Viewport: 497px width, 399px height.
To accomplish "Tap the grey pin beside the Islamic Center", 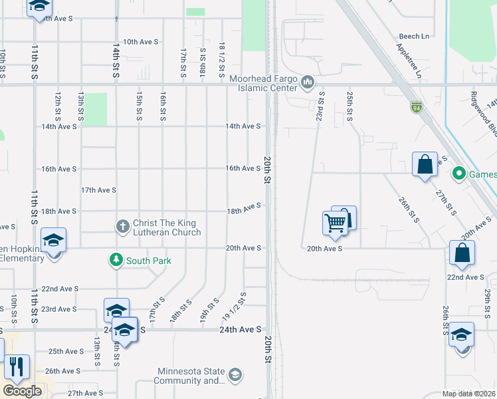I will click(x=307, y=82).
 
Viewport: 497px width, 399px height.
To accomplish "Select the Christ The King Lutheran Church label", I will click(x=167, y=227).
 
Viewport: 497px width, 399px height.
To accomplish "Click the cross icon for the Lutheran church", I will click(x=122, y=227).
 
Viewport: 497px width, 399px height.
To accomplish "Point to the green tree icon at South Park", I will click(x=116, y=260).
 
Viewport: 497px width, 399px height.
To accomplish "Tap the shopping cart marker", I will click(x=336, y=223).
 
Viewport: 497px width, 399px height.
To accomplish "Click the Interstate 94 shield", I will click(x=417, y=106).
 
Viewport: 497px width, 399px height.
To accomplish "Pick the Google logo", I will click(x=22, y=391).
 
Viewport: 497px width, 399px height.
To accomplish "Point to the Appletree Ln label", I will click(x=409, y=63).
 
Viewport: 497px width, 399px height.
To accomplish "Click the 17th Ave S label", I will click(x=98, y=190).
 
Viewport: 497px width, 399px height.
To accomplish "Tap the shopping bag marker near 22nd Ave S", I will click(x=462, y=254).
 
